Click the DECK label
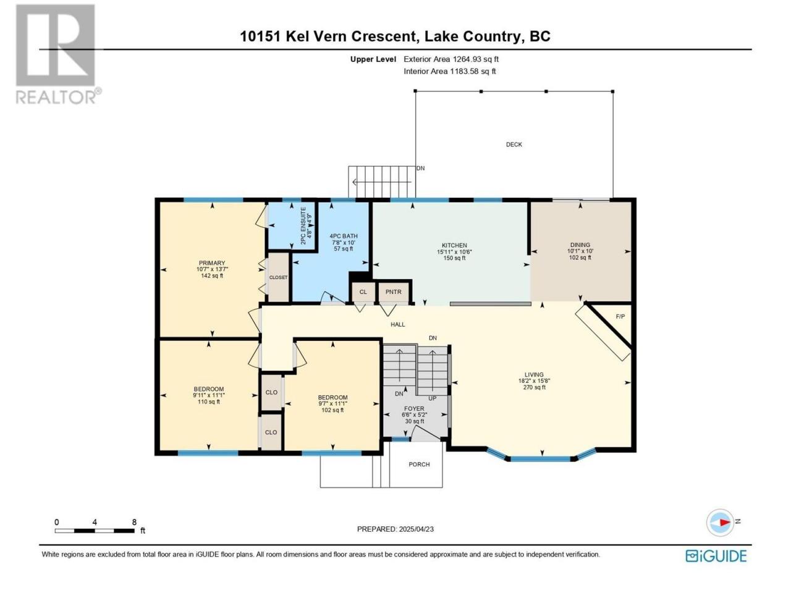point(514,145)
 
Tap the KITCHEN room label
point(454,245)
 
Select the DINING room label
point(580,245)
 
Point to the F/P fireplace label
point(620,316)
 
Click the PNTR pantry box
point(393,292)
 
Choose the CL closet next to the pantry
point(363,292)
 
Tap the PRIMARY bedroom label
point(212,263)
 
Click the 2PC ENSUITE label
point(303,225)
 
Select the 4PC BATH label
point(344,236)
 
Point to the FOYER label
point(413,409)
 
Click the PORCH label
point(419,465)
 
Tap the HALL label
point(398,324)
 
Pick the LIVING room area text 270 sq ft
point(534,387)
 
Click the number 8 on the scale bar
point(134,522)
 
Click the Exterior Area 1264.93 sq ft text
point(451,59)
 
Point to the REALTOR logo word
point(56,97)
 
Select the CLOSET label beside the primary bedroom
point(278,277)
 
